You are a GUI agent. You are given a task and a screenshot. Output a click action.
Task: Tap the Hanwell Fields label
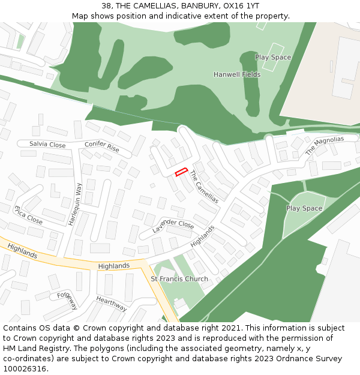(x=237, y=74)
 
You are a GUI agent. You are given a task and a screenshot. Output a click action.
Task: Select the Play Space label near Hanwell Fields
(x=273, y=58)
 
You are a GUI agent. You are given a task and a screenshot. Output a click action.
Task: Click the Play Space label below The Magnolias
(x=304, y=208)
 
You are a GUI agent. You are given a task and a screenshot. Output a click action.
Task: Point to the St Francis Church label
(x=179, y=279)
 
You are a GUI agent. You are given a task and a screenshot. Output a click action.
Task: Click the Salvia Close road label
(x=47, y=145)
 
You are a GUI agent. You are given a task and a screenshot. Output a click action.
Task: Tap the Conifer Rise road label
(x=102, y=146)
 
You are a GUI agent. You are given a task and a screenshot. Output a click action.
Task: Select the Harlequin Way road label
(x=74, y=203)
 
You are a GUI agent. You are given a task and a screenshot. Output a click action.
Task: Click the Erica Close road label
(x=28, y=215)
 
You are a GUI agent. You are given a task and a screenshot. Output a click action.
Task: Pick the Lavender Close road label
(x=173, y=226)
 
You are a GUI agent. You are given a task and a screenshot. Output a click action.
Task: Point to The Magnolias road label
(x=325, y=146)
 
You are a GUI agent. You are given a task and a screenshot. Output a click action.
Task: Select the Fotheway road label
(x=67, y=301)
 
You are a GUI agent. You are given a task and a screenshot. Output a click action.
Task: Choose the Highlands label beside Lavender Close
(x=202, y=237)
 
